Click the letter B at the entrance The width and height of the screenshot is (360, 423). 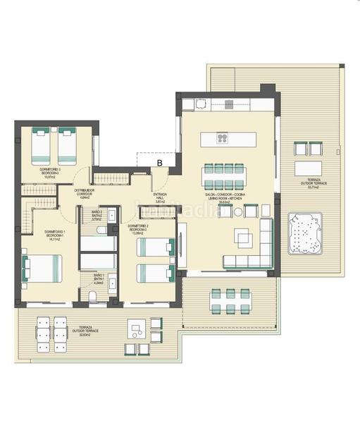coord(160,163)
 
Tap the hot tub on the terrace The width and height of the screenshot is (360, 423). coord(304,233)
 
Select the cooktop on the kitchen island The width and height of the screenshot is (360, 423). coord(222,138)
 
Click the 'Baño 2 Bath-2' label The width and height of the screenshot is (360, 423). coord(97,215)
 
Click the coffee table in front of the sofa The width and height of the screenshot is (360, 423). coord(244,240)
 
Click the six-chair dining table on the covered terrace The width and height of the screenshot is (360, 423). coord(230,300)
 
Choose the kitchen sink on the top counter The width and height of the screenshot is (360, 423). coord(200,104)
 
